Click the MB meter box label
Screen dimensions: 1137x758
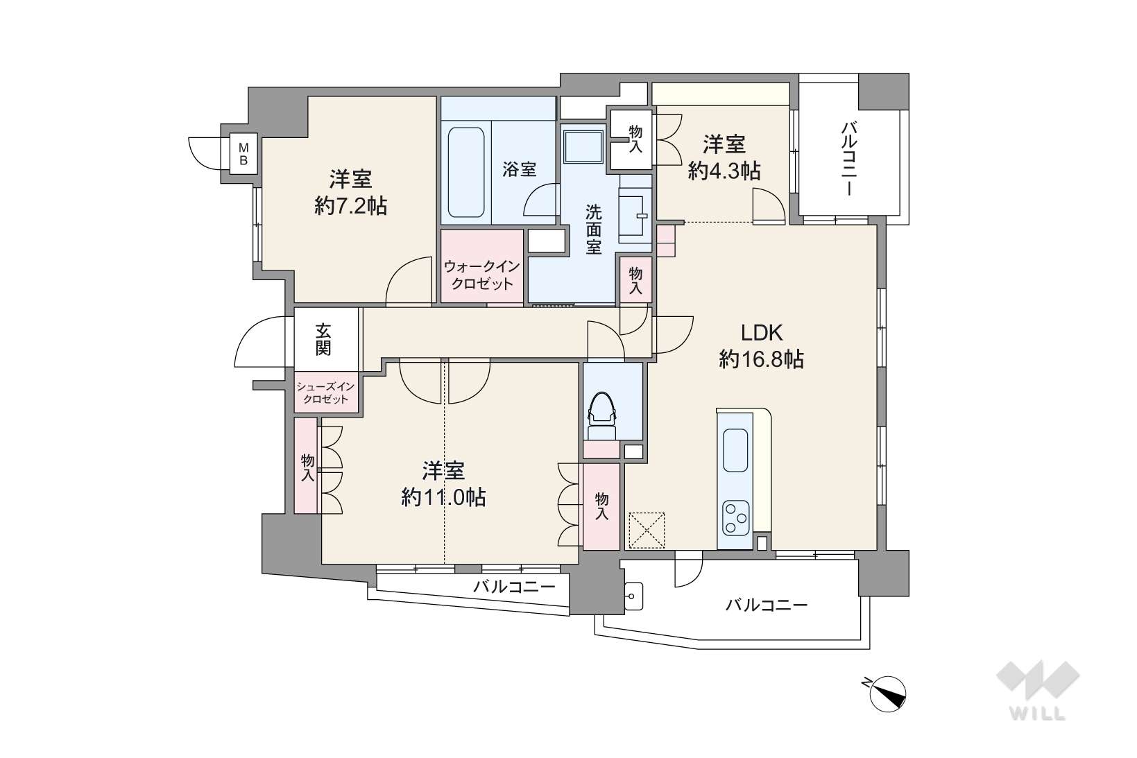(x=243, y=154)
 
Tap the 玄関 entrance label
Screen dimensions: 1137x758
(x=323, y=339)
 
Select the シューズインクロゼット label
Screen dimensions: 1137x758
(x=325, y=393)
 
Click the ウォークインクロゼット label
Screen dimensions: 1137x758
(x=481, y=275)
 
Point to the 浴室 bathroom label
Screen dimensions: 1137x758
(x=520, y=169)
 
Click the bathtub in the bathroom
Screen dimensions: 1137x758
(x=466, y=173)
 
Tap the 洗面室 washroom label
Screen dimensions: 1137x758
(x=593, y=230)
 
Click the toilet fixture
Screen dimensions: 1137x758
(x=601, y=415)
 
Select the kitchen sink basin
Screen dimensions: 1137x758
(x=735, y=450)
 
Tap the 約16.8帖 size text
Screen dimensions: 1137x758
(x=762, y=359)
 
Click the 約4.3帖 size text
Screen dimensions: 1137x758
(x=724, y=171)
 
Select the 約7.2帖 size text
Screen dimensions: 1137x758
(x=351, y=206)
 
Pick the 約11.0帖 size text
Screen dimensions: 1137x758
(x=443, y=497)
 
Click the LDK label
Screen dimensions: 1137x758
(x=762, y=333)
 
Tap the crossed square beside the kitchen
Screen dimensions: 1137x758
(x=646, y=531)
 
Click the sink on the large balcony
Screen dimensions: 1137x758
(x=633, y=596)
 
